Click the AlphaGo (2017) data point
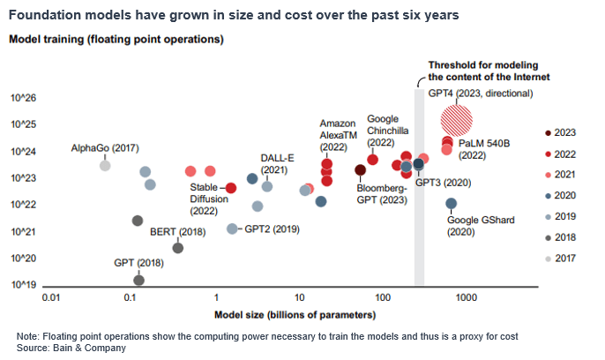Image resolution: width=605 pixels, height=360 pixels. coord(105,164)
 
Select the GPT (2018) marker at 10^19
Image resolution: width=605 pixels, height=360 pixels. coord(138,281)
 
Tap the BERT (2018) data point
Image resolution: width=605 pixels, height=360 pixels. coord(177,248)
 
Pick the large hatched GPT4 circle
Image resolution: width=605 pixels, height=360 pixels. coord(457,118)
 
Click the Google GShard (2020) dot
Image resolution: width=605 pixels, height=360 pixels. coord(451,204)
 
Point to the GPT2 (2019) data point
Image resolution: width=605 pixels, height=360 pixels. coord(232,229)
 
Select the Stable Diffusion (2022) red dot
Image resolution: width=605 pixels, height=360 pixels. coord(231,188)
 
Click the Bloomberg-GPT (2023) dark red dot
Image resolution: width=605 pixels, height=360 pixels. coord(360,170)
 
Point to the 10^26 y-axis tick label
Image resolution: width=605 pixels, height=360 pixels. coord(23,99)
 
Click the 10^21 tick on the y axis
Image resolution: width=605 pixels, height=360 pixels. coord(23,231)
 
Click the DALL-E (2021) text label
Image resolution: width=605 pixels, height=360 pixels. coord(277,164)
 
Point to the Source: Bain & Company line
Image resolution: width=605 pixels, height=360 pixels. coord(71,349)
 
